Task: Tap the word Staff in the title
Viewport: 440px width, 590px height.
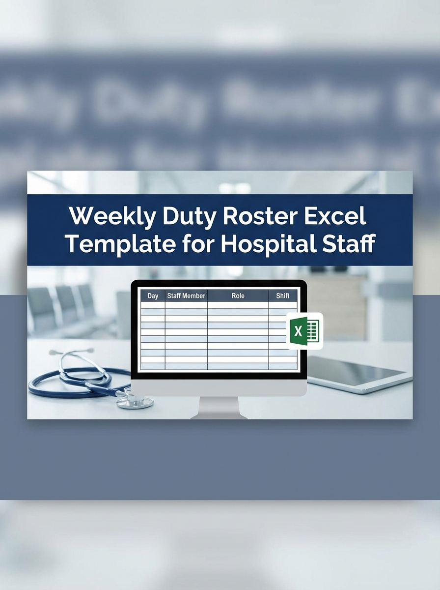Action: [x=349, y=243]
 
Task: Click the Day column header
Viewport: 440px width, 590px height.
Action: [x=153, y=296]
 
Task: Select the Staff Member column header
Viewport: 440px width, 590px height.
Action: [x=186, y=296]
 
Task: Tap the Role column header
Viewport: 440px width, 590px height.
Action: [x=238, y=296]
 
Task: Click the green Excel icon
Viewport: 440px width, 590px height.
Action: [x=304, y=330]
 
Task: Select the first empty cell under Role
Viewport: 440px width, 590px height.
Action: [x=238, y=305]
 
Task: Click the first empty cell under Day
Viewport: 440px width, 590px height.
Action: [x=153, y=305]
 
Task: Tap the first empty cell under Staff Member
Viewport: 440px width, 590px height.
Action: [x=186, y=305]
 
